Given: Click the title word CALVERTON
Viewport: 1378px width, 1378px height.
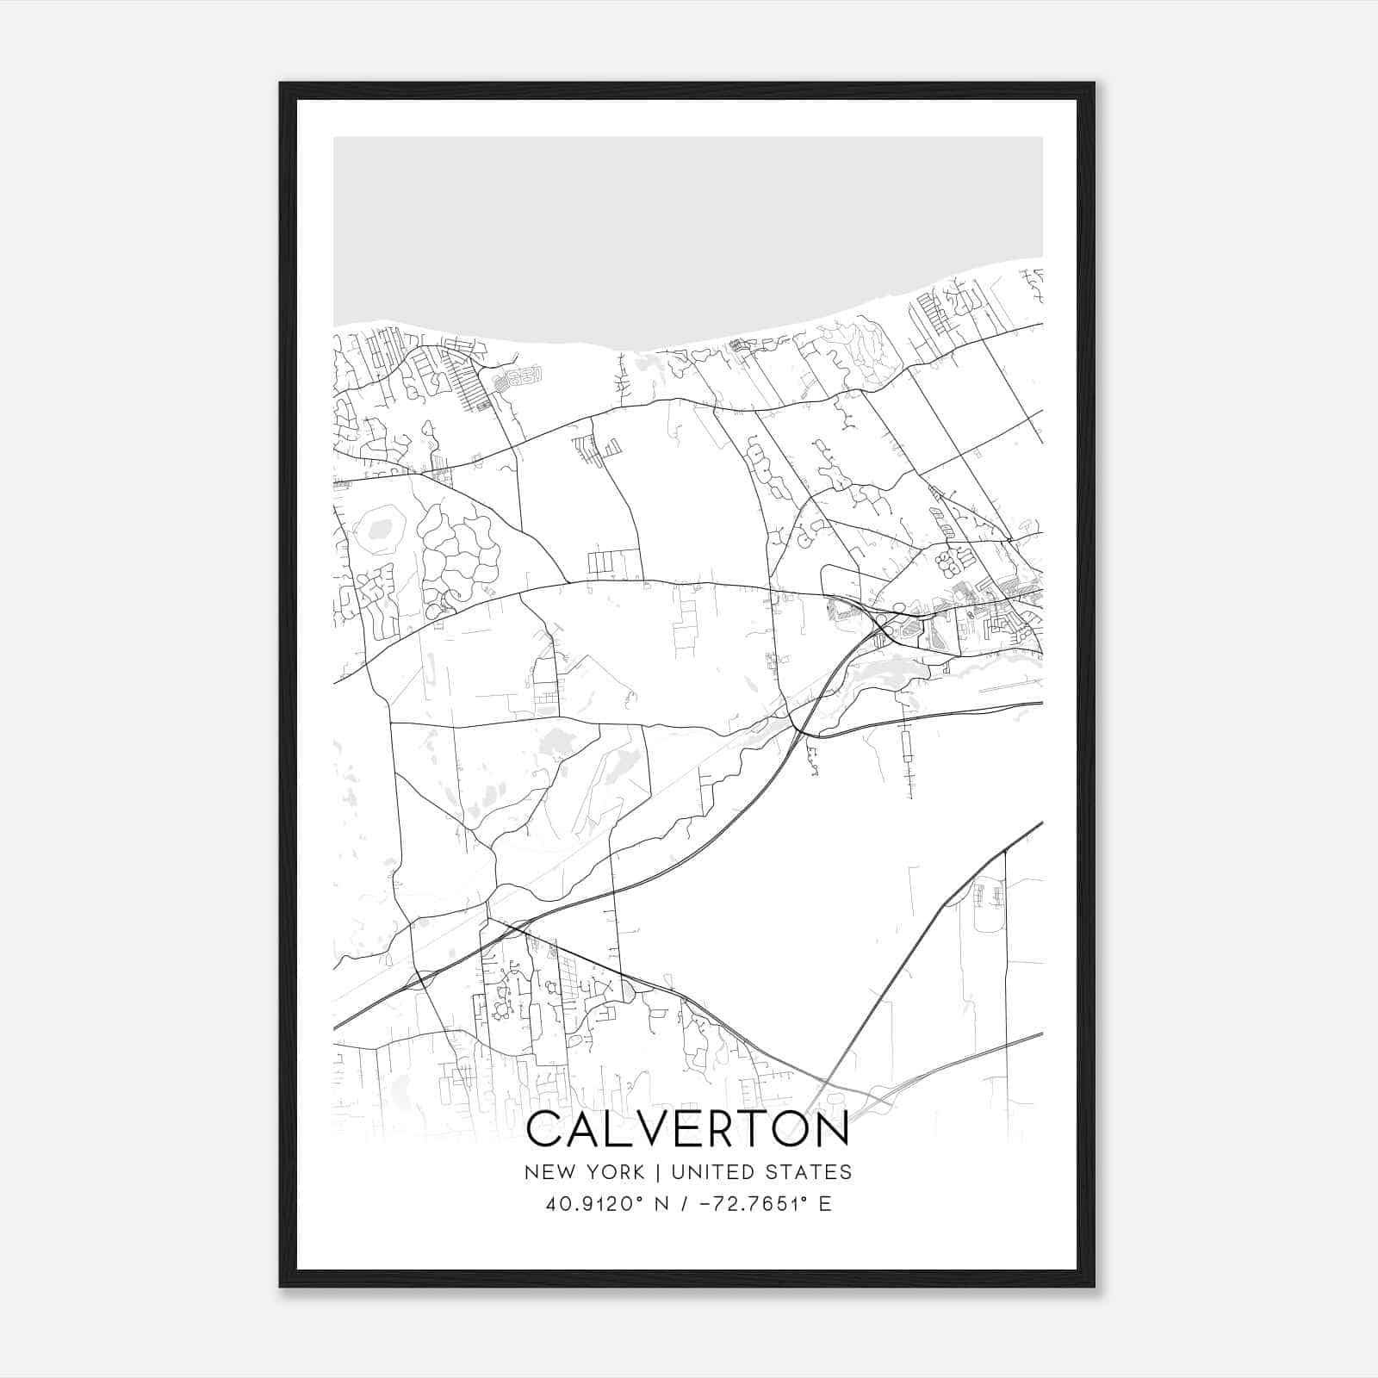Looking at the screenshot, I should coord(687,1129).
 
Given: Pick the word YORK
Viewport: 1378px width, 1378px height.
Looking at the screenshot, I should coord(612,1172).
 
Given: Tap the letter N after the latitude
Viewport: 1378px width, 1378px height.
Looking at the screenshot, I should coord(663,1204).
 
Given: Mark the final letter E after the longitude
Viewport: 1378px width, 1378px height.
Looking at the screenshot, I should coord(825,1204).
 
